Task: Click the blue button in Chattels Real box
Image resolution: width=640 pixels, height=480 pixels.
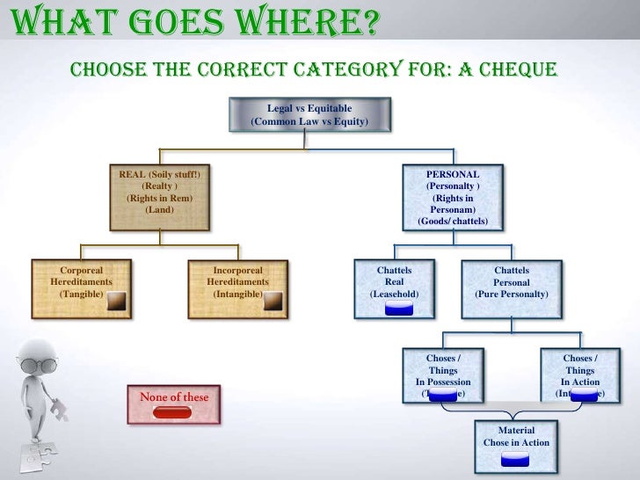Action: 399,308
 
